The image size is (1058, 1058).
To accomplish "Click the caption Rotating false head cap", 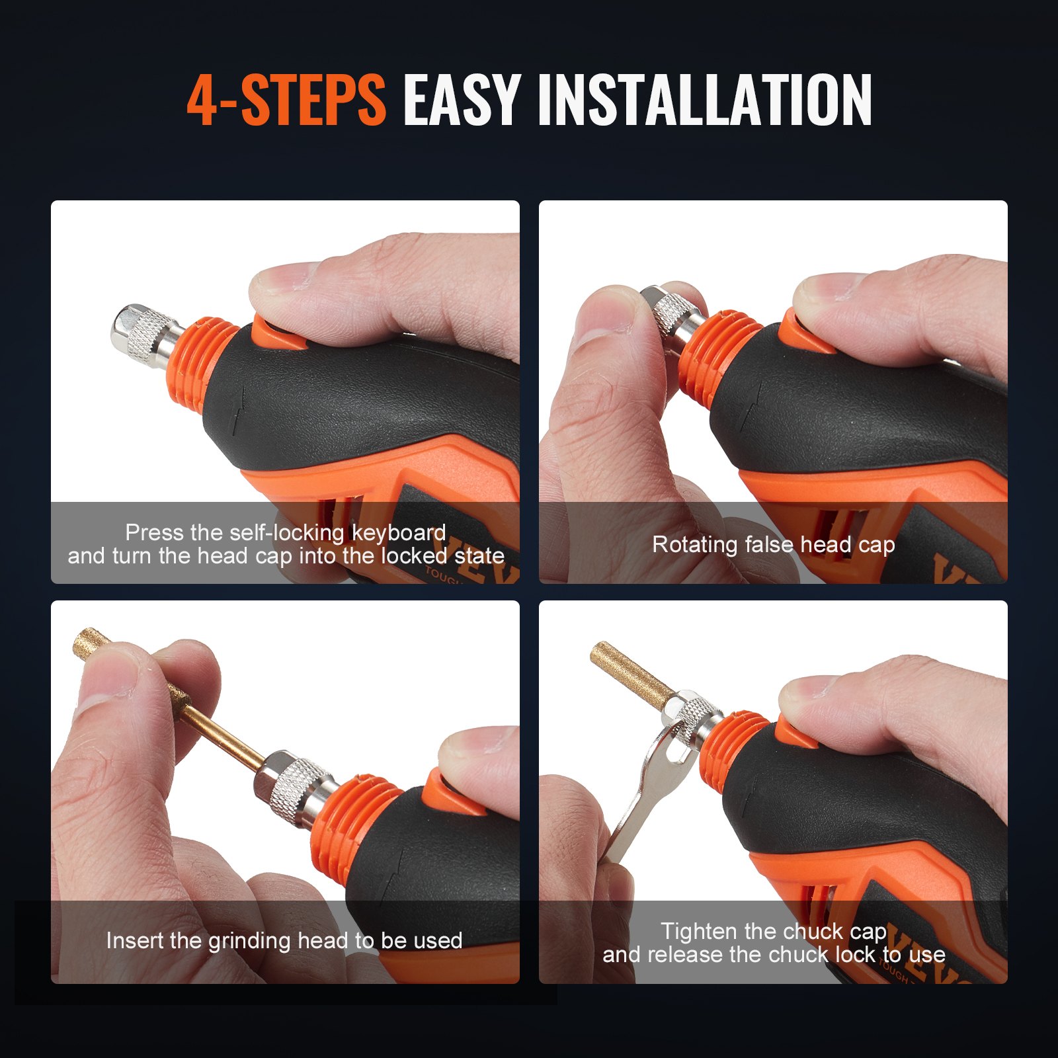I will (773, 544).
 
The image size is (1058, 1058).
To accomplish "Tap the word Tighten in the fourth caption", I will (698, 931).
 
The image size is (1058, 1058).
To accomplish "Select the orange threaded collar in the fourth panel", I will (734, 751).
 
